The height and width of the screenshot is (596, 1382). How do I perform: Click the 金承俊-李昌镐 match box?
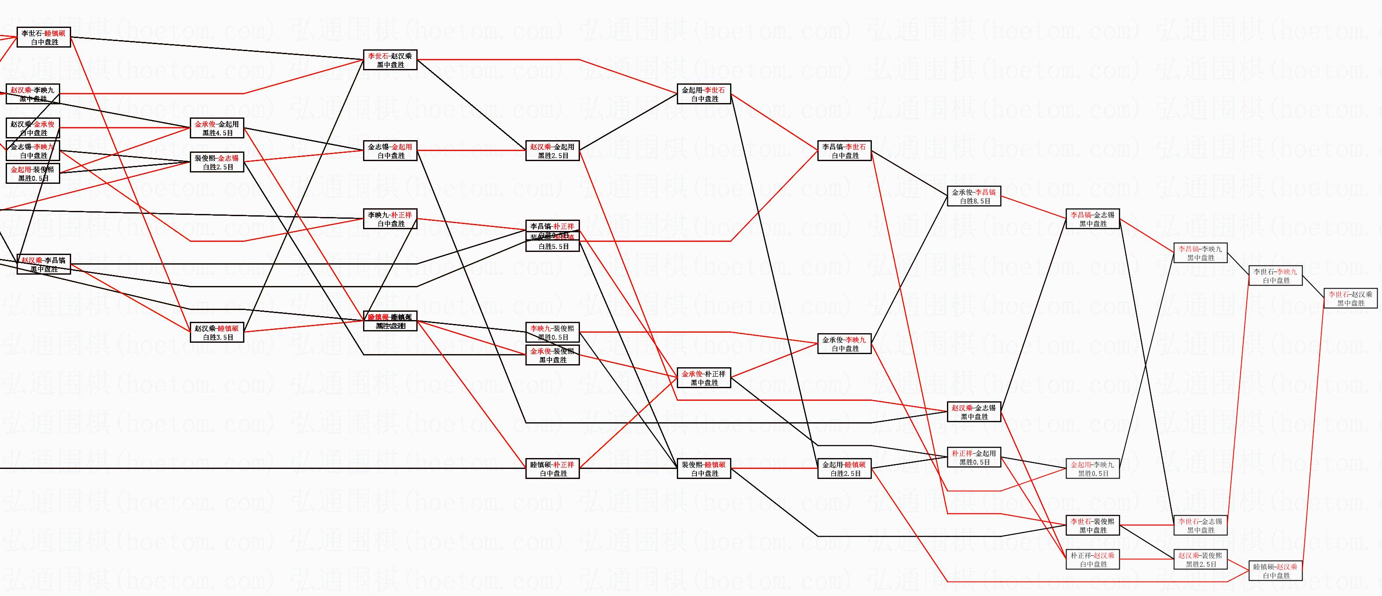tap(974, 196)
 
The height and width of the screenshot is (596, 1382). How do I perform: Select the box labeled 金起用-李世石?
tap(704, 94)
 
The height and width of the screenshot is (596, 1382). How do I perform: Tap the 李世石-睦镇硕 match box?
tap(44, 37)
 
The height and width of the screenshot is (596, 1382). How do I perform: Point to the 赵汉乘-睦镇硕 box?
tap(217, 332)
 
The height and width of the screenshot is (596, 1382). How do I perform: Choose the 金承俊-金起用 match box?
tap(217, 128)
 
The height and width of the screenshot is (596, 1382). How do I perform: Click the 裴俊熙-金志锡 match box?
tap(217, 162)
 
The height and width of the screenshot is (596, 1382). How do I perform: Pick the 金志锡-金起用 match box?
tap(390, 151)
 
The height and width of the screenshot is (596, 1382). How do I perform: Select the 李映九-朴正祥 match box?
tap(390, 219)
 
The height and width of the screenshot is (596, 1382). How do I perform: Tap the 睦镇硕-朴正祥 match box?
tap(552, 469)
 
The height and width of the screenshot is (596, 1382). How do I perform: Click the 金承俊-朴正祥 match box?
tap(704, 378)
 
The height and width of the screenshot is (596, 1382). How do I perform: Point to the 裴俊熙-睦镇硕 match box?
tap(704, 469)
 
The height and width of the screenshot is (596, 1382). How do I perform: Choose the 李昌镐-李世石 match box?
tap(844, 151)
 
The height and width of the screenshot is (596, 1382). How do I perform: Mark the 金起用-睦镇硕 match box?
tap(844, 469)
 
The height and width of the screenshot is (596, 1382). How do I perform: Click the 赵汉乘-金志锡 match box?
tap(974, 412)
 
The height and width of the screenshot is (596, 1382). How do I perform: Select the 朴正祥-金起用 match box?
tap(974, 458)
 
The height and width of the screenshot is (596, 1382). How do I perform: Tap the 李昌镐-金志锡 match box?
tap(1093, 219)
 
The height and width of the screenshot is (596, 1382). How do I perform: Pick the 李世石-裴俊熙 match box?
tap(1093, 525)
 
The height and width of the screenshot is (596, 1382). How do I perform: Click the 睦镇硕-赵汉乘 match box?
tap(1275, 571)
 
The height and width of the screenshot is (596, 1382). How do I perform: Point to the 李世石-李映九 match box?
tap(1275, 276)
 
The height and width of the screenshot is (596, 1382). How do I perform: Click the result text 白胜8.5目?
tap(974, 201)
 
